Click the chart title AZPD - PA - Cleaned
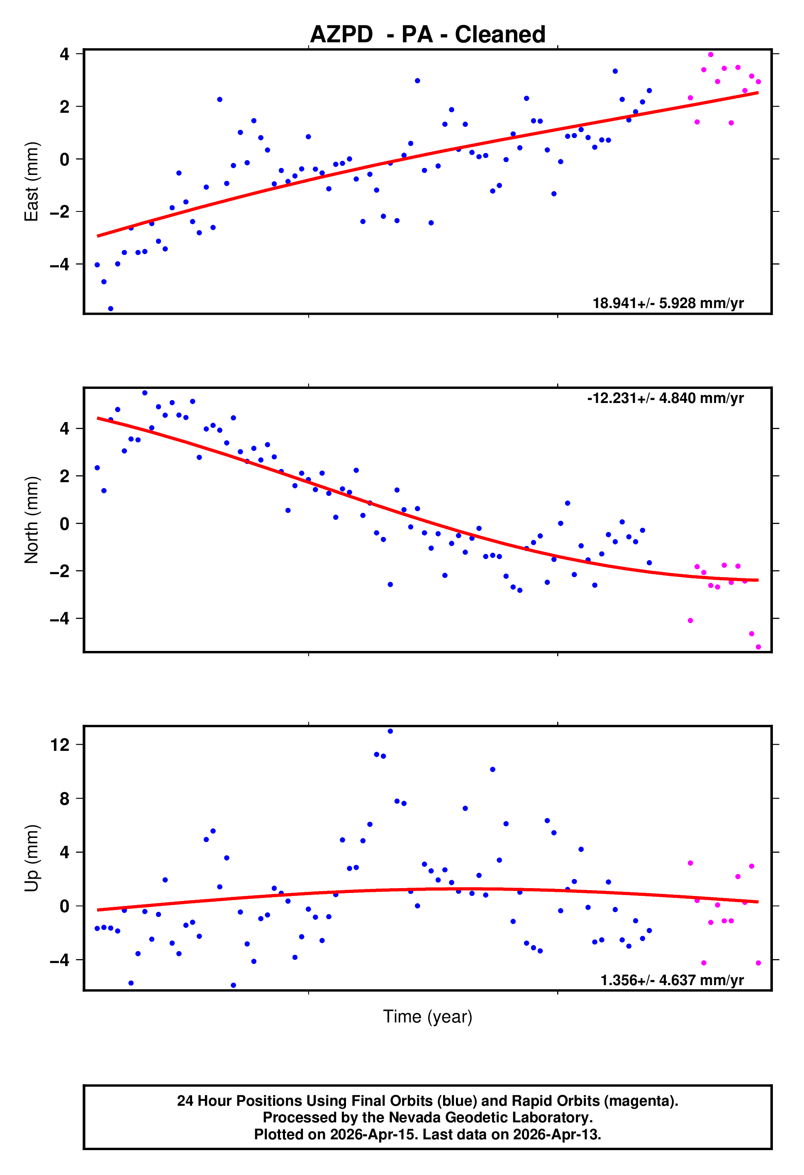[428, 34]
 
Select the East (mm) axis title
[32, 182]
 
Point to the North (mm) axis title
[32, 520]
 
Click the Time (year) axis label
[428, 1016]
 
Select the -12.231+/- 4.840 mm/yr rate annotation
[665, 398]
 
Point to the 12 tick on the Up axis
[60, 745]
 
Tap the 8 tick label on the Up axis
[64, 799]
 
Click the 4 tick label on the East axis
[64, 53]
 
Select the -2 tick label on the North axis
[60, 571]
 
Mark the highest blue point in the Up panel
[390, 731]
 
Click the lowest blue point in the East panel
[111, 308]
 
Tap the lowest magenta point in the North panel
[758, 647]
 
